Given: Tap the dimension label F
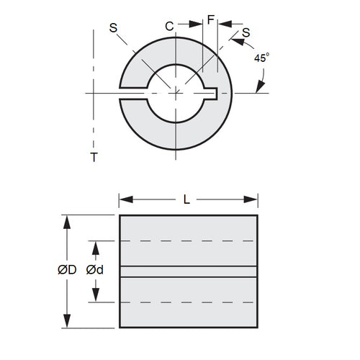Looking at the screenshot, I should tap(210, 20).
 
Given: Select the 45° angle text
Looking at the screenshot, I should tap(261, 58).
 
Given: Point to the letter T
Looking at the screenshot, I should tap(94, 156).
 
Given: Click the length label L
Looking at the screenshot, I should tap(188, 202).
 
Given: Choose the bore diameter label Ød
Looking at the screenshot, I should tap(92, 271).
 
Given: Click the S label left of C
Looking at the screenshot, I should tap(113, 27).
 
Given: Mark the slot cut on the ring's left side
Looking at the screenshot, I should tap(132, 92).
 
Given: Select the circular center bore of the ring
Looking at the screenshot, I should tap(176, 91).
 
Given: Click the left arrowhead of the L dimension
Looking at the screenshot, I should tap(123, 202).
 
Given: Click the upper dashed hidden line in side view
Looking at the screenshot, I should tap(188, 240).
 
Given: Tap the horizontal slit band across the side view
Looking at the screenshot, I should tap(188, 271).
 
